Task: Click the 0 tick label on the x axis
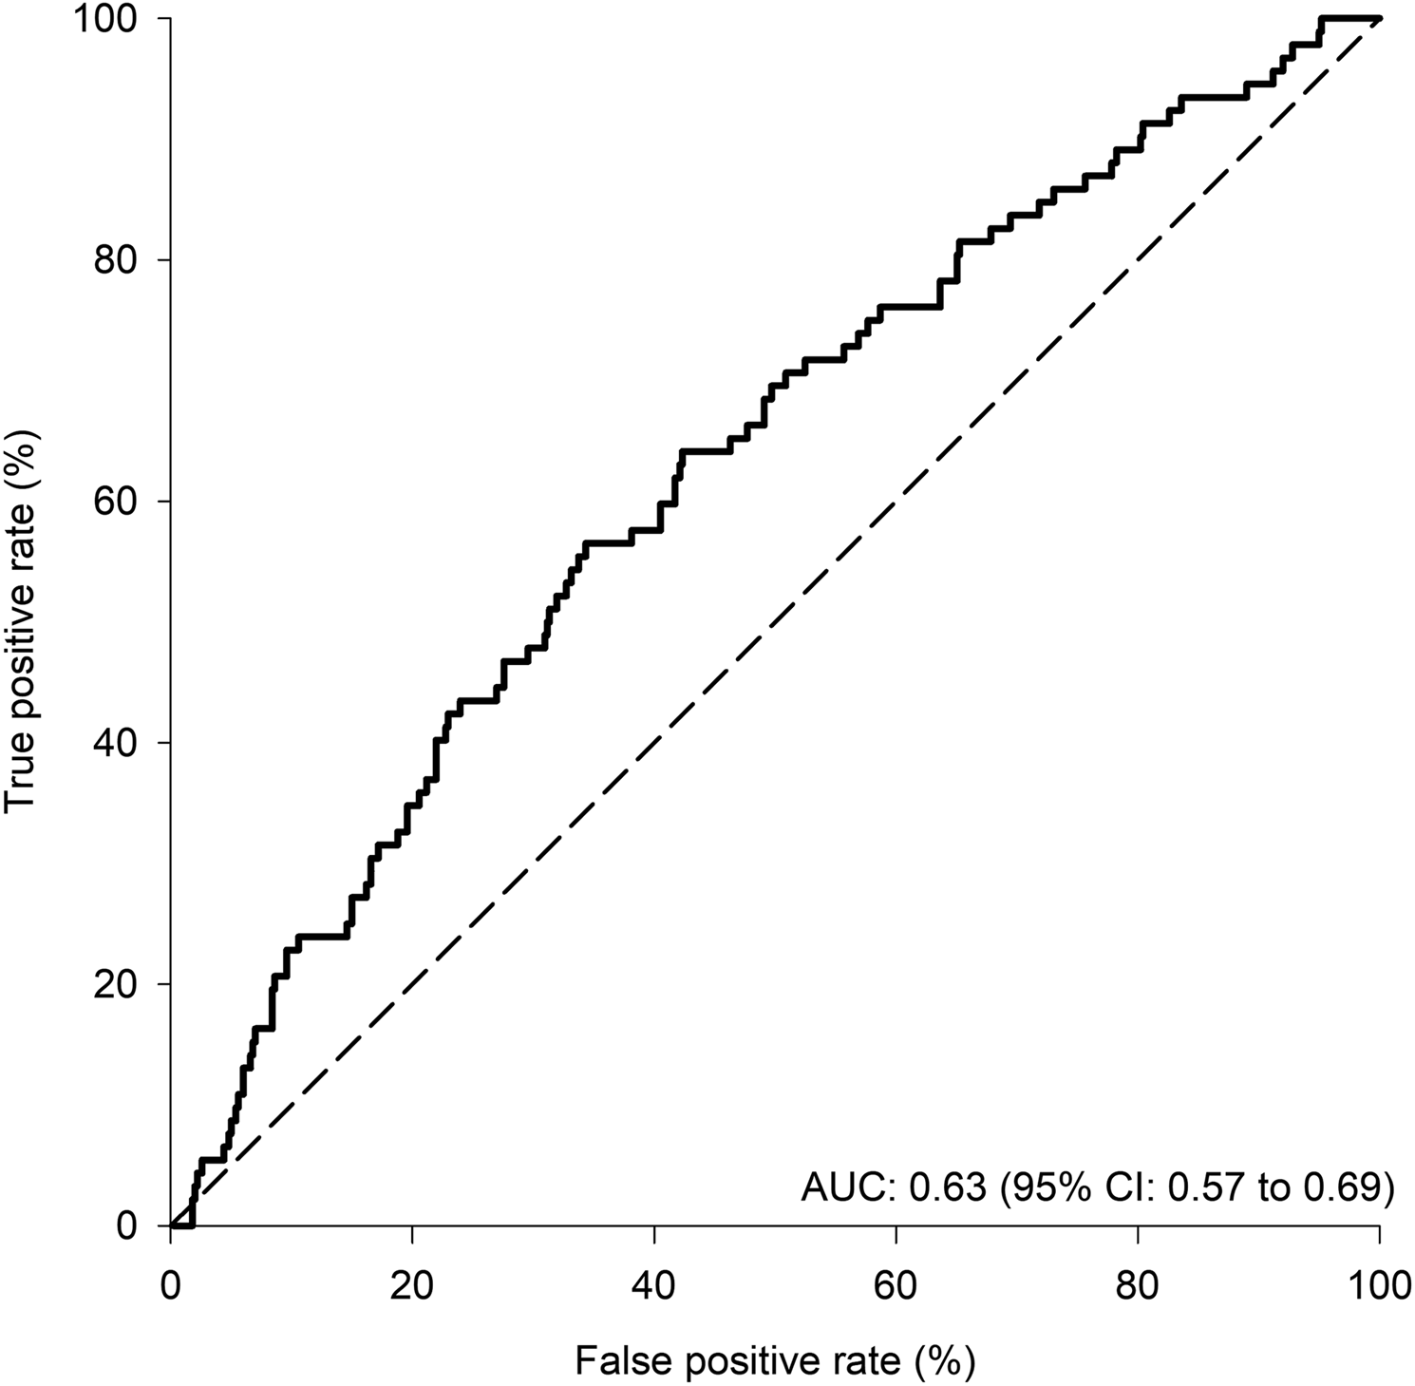171,1287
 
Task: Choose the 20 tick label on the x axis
412,1287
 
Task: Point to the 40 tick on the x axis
654,1287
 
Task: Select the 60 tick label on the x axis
896,1287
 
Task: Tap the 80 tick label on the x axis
1138,1287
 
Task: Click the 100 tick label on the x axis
1378,1287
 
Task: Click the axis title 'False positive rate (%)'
775,1361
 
